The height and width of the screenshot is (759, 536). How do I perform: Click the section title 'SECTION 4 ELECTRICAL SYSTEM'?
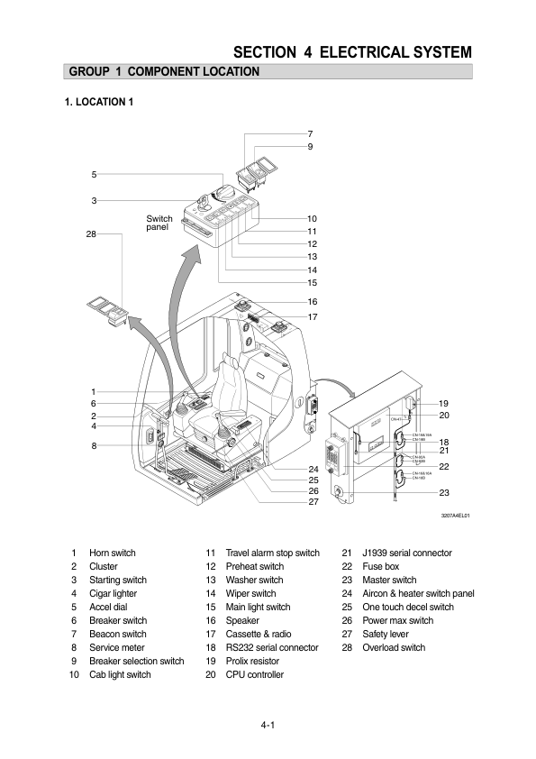pyautogui.click(x=352, y=51)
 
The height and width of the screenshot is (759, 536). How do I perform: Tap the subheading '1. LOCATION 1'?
pyautogui.click(x=99, y=102)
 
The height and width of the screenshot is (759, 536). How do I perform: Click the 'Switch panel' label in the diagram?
pyautogui.click(x=159, y=223)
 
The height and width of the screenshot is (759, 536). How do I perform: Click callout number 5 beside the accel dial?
pyautogui.click(x=94, y=174)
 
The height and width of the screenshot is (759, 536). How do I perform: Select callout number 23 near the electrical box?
pyautogui.click(x=444, y=493)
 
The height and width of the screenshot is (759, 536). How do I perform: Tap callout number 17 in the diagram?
pyautogui.click(x=313, y=317)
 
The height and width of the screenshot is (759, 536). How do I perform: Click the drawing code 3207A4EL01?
pyautogui.click(x=455, y=517)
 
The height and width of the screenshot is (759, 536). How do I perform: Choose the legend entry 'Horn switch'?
pyautogui.click(x=113, y=553)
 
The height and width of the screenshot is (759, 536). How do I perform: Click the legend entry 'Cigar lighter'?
pyautogui.click(x=114, y=594)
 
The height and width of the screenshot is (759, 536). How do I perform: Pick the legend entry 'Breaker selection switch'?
pyautogui.click(x=136, y=662)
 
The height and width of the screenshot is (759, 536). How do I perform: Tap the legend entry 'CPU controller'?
pyautogui.click(x=254, y=675)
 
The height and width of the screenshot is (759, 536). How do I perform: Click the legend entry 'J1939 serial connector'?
pyautogui.click(x=407, y=553)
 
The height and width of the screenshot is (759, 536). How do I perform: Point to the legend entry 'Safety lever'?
pyautogui.click(x=386, y=635)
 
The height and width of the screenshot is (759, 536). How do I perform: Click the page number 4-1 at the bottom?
pyautogui.click(x=268, y=725)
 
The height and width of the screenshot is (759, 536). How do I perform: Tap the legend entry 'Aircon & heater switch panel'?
pyautogui.click(x=418, y=594)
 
